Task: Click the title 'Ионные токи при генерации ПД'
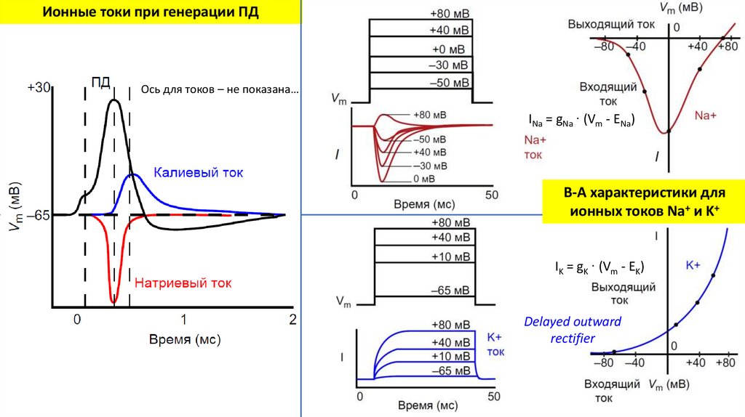point(148,13)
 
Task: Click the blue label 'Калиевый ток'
point(198,172)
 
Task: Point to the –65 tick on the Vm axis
point(37,216)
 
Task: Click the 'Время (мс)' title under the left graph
point(185,339)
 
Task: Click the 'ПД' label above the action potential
point(100,82)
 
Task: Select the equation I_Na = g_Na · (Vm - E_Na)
point(581,120)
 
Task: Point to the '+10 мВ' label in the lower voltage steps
point(450,257)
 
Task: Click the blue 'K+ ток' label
point(494,344)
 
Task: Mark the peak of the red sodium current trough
point(113,300)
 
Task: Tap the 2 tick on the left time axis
point(292,319)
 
